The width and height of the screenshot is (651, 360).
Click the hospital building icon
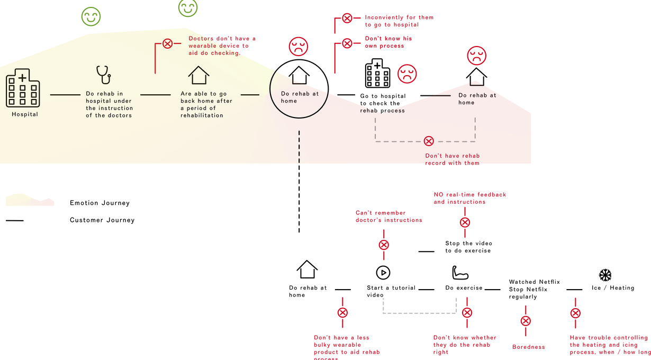(23, 88)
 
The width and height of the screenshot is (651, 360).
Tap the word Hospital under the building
(25, 114)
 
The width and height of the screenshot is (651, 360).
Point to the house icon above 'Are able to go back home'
(198, 75)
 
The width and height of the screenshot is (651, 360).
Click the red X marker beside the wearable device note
(167, 43)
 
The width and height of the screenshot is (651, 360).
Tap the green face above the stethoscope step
(91, 16)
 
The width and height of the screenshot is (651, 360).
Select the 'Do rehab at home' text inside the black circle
(300, 97)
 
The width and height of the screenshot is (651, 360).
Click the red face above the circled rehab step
(299, 47)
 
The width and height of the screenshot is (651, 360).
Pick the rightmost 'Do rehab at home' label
(477, 98)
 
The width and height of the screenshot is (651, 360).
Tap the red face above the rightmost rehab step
(476, 56)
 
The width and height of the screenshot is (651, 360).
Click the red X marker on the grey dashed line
(429, 141)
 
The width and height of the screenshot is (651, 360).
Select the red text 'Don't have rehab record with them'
(453, 159)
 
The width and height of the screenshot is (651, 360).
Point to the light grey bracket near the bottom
(420, 313)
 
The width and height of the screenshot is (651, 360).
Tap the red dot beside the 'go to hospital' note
(347, 19)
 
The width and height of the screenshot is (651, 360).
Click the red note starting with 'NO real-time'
(469, 198)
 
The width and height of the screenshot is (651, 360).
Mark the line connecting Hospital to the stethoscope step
(65, 95)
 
